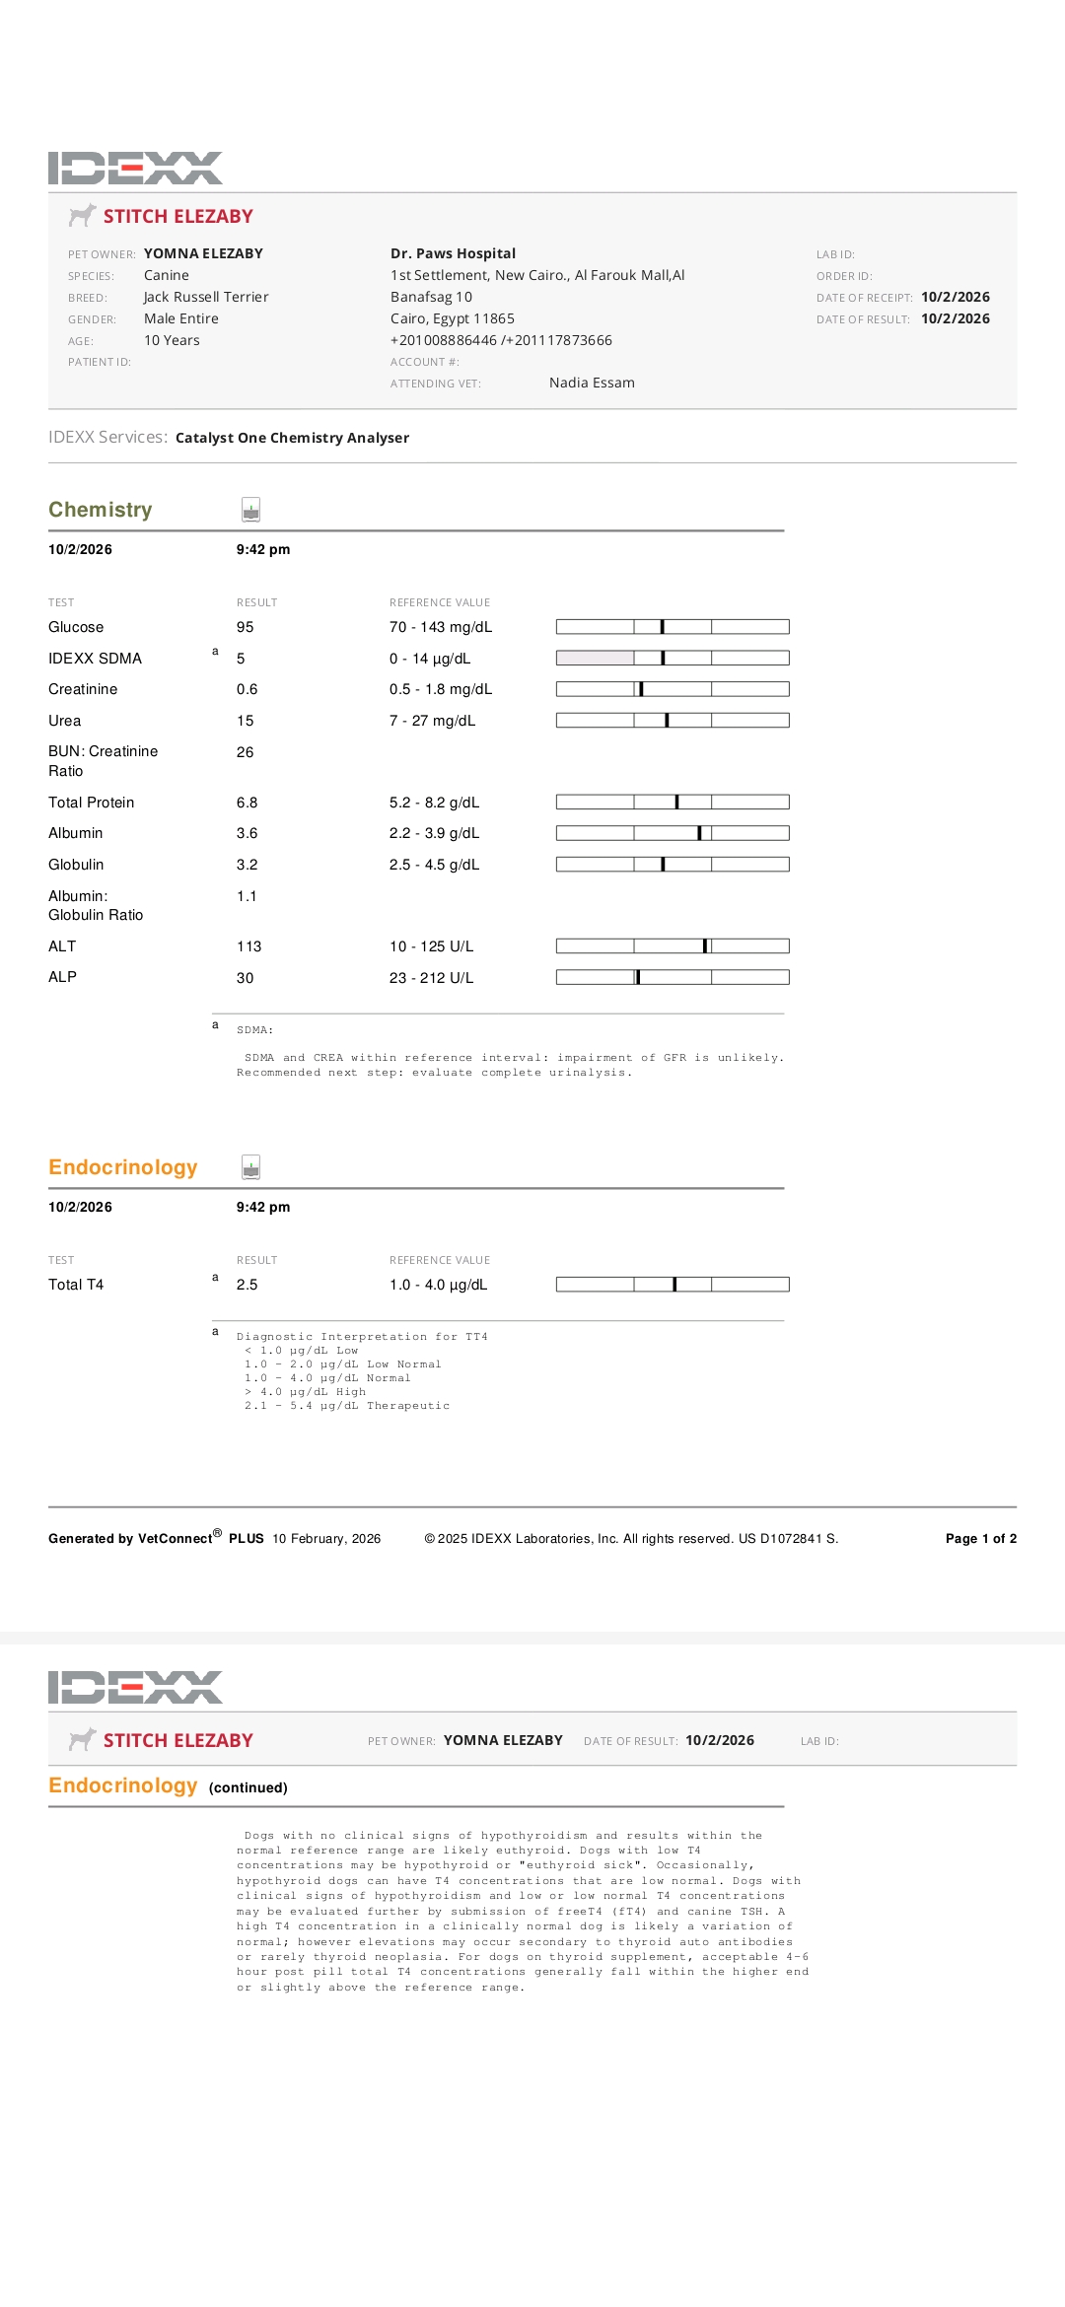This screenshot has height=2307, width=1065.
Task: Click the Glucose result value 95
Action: pos(245,627)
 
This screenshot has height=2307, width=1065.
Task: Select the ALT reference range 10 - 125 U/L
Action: pos(431,946)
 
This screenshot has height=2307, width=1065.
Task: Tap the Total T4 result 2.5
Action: pos(247,1285)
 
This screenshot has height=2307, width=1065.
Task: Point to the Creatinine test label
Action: pos(83,689)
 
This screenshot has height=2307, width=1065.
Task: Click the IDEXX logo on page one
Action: pos(135,168)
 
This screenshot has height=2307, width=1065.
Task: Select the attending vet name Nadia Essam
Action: pos(592,383)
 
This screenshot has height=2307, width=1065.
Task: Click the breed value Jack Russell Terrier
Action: pos(206,297)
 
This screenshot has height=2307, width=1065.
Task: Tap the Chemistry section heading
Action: pos(101,510)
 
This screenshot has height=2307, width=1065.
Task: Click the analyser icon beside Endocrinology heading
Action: pos(251,1167)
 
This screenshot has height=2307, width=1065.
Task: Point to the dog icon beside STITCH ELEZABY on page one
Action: pos(82,215)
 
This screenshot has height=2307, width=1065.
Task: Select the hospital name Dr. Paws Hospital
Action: pos(453,253)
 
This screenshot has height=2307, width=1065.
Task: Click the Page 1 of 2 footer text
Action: pos(980,1538)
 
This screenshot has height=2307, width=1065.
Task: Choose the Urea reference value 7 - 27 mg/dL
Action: pos(432,721)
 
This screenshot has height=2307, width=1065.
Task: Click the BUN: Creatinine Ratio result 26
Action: pos(245,752)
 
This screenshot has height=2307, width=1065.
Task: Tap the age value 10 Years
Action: pos(172,340)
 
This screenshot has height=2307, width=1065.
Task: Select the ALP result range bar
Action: pos(673,977)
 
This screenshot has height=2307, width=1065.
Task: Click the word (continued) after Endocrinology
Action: pos(248,1787)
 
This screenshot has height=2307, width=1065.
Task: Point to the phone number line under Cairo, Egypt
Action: pos(501,340)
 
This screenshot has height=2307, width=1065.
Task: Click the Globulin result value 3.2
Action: pos(247,865)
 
